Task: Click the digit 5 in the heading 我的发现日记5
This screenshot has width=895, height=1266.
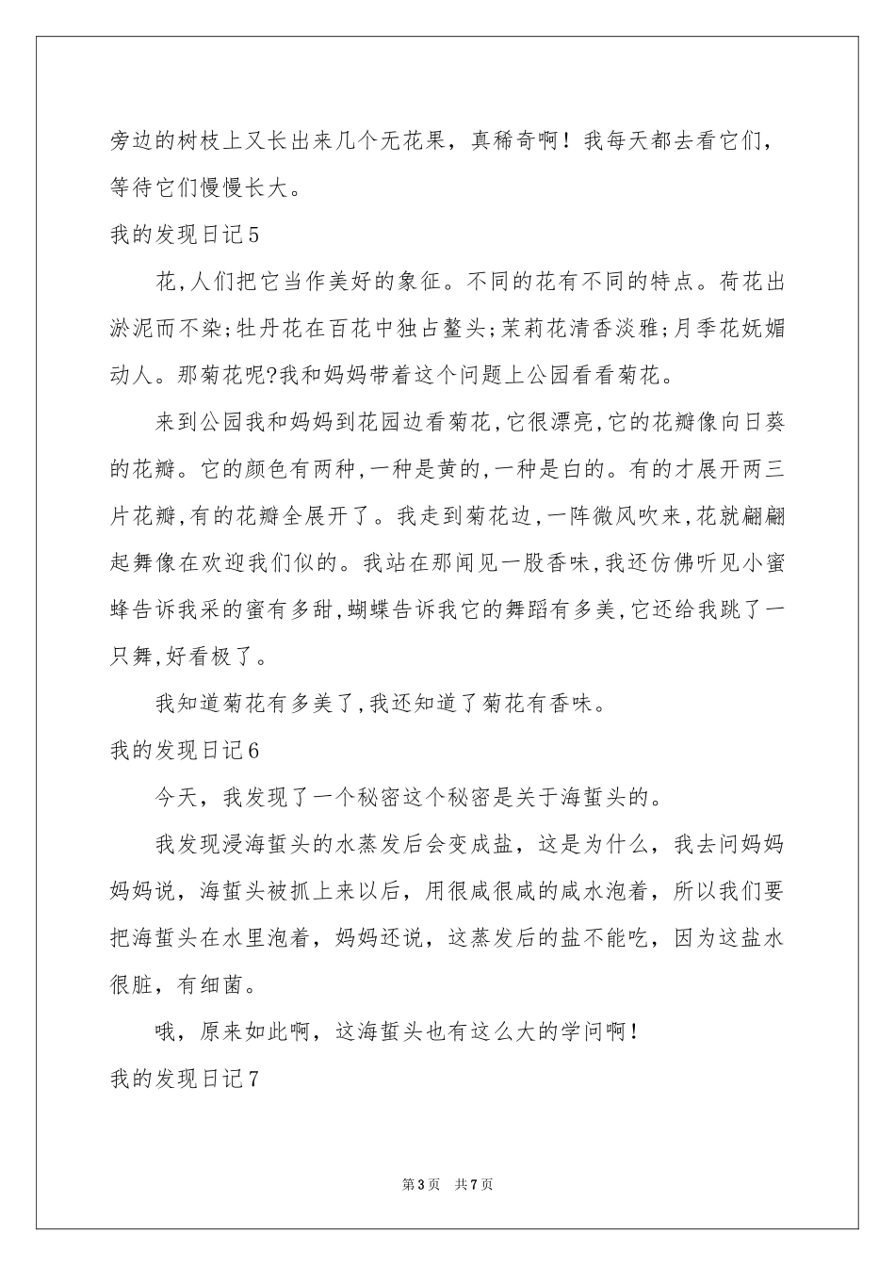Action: point(251,235)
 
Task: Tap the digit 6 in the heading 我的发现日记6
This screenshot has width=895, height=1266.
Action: point(251,750)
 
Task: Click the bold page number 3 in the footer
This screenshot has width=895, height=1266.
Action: point(417,1184)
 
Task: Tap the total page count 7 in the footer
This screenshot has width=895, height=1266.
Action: point(474,1184)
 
